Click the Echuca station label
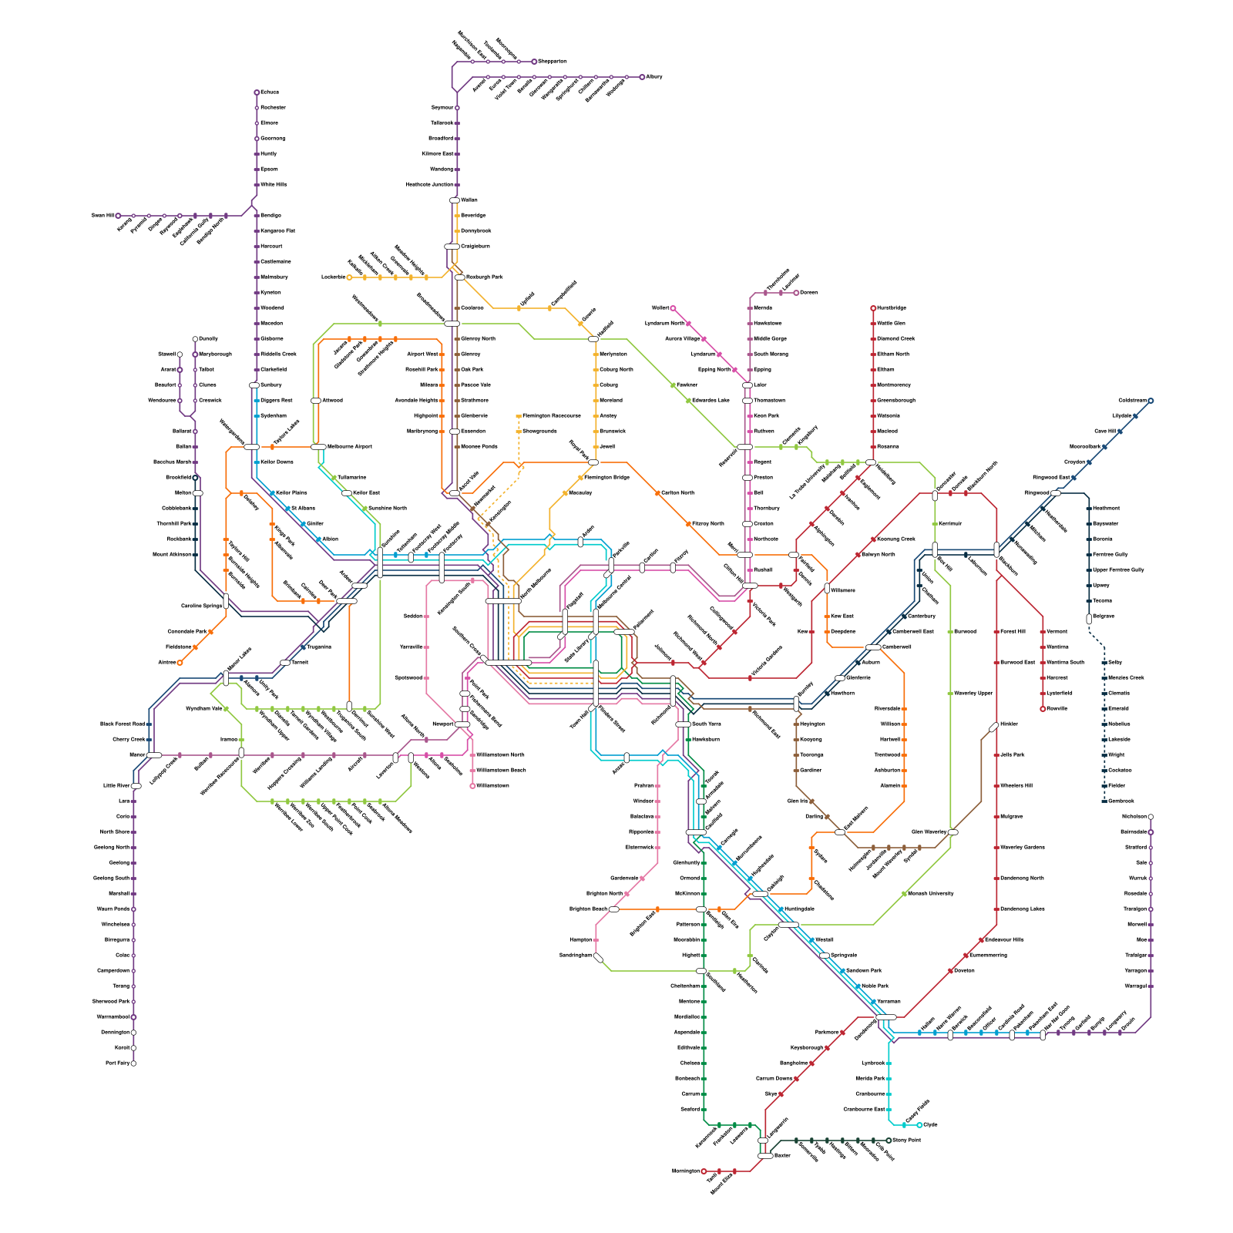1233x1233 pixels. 270,92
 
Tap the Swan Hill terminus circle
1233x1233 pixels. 118,216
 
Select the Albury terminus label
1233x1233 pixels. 653,77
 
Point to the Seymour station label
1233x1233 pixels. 442,108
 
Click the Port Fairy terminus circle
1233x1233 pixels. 133,1063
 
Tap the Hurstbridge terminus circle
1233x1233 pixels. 873,308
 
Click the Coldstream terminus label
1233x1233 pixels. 1132,401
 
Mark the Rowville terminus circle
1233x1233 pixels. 1043,709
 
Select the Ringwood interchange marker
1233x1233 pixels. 1056,493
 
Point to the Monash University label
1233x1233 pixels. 931,894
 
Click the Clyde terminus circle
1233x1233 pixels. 919,1125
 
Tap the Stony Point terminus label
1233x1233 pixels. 907,1141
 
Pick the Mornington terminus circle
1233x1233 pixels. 704,1171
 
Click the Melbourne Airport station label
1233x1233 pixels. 350,447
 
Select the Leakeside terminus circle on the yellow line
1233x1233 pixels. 349,277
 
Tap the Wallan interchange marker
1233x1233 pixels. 455,200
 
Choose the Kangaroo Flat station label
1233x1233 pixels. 277,231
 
